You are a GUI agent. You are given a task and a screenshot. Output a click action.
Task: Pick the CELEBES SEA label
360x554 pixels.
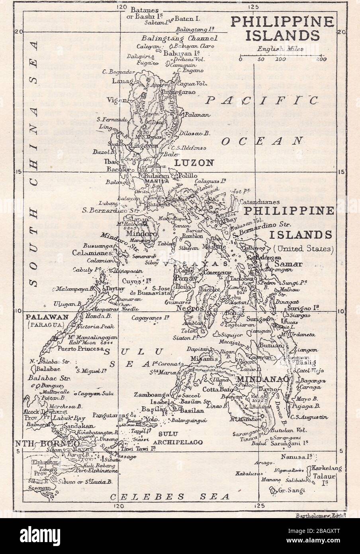170,497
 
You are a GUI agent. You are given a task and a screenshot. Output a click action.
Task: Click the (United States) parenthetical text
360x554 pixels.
303,249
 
